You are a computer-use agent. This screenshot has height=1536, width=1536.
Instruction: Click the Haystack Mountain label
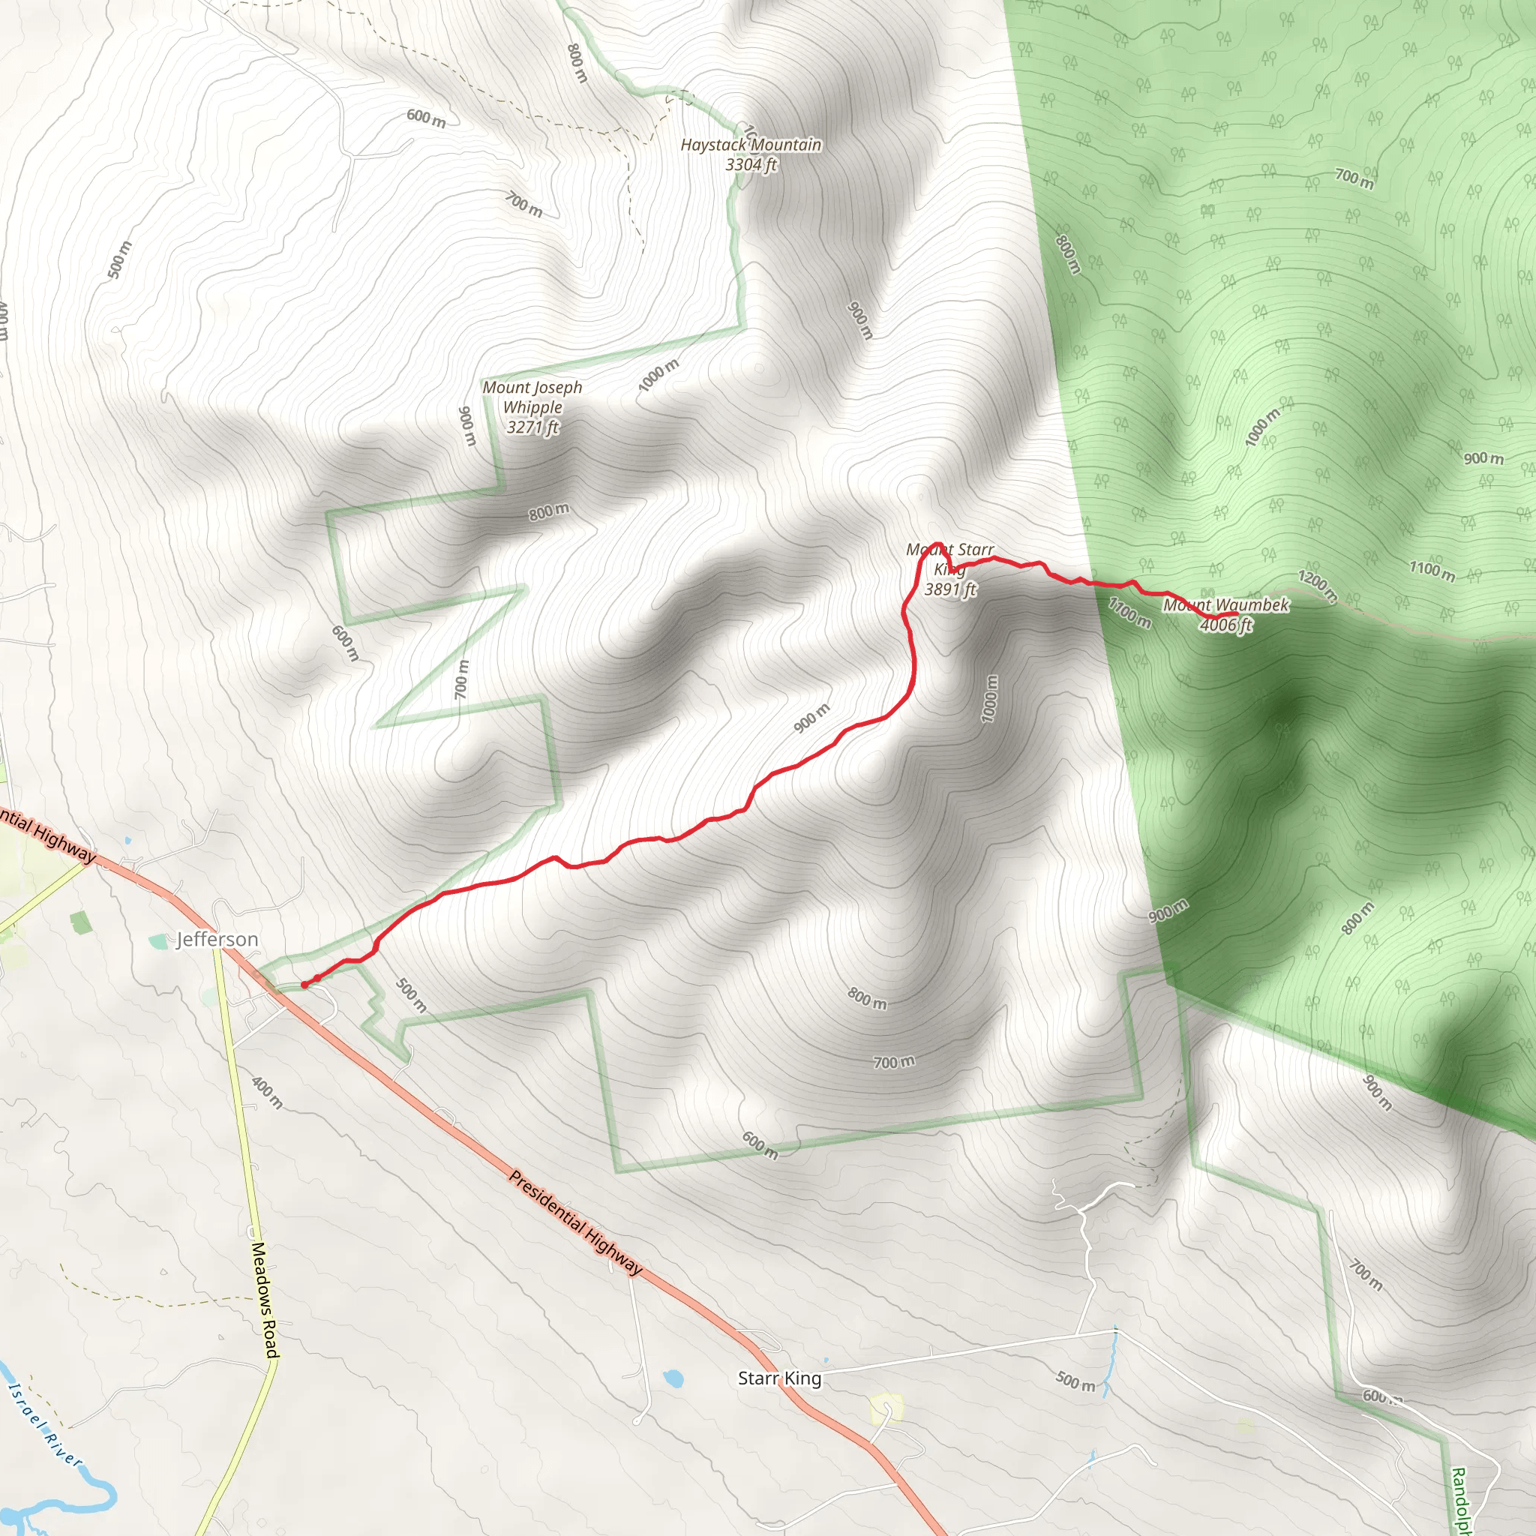click(x=751, y=145)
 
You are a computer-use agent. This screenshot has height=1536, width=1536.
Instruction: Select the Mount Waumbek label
click(x=1226, y=605)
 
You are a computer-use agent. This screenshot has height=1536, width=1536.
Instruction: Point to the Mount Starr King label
click(x=950, y=559)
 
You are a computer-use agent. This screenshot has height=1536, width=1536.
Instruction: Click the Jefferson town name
click(x=217, y=940)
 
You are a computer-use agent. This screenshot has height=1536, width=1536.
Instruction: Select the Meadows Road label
click(x=265, y=1300)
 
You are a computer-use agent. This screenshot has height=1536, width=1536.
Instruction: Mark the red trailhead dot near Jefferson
click(x=304, y=985)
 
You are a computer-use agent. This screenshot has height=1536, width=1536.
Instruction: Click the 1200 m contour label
click(x=1317, y=585)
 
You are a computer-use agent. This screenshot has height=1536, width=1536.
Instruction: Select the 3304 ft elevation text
click(x=751, y=164)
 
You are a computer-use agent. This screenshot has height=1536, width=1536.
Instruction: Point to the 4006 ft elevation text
click(x=1225, y=625)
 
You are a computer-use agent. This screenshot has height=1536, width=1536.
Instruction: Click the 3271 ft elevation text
click(x=532, y=427)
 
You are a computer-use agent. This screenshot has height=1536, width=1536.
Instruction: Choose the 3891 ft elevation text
click(x=950, y=589)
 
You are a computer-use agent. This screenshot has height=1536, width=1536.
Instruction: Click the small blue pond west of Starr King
click(x=673, y=1377)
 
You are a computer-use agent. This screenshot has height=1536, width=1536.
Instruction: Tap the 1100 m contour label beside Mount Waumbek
click(x=1129, y=612)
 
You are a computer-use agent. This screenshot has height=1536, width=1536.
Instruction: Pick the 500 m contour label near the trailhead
click(x=411, y=994)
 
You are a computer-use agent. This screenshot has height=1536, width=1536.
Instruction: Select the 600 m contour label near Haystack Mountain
click(x=426, y=118)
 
